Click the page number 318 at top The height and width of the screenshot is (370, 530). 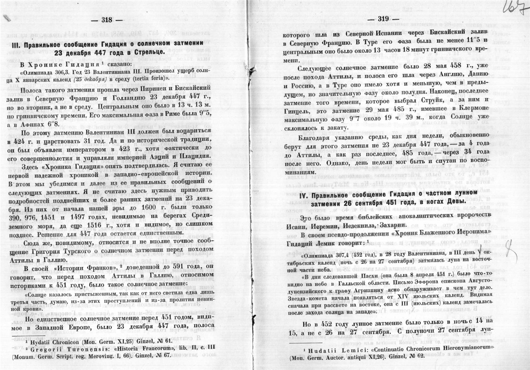[107, 20]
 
